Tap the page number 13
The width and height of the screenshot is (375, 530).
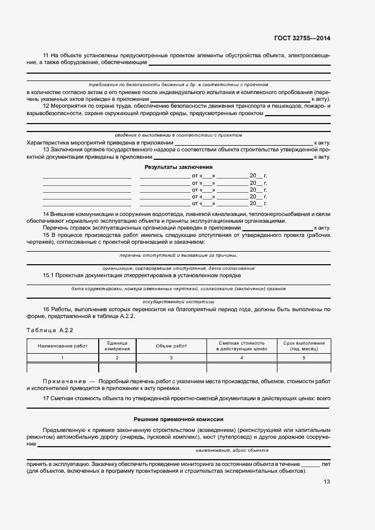[x=327, y=482]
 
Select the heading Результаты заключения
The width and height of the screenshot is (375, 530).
[x=178, y=167]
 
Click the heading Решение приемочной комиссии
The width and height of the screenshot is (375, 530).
[x=178, y=419]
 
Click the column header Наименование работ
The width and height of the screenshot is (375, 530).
[x=62, y=346]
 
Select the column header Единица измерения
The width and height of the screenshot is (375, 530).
[x=117, y=346]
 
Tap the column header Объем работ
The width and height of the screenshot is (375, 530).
[x=171, y=346]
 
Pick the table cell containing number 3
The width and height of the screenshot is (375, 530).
[x=171, y=358]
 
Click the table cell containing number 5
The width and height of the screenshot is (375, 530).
[x=303, y=358]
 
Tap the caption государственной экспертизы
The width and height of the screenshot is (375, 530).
[x=178, y=302]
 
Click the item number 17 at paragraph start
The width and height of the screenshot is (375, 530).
[x=46, y=398]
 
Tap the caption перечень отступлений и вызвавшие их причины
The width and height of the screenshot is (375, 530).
[x=178, y=256]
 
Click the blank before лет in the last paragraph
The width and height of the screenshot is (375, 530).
[x=310, y=464]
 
